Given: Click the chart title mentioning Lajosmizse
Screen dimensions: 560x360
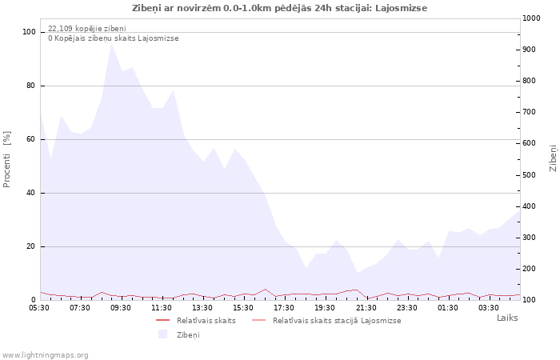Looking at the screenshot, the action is [280, 8].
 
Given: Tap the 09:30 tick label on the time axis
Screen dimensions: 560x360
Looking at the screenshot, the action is [120, 308].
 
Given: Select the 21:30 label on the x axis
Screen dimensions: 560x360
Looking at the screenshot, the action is [366, 308].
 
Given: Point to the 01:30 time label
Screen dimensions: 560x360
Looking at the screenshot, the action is [448, 308].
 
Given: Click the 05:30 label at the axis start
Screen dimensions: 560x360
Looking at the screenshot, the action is [39, 308].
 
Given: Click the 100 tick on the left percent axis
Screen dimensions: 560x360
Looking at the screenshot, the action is [29, 32].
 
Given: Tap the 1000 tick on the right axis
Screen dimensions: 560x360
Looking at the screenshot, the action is [531, 18].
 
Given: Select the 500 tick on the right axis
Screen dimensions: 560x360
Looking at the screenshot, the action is [529, 175].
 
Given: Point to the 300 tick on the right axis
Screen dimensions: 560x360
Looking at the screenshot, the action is [529, 238].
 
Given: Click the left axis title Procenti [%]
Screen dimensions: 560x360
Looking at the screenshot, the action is [6, 159].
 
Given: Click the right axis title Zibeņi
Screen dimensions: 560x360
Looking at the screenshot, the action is [553, 158].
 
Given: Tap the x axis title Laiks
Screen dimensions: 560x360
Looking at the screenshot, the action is [507, 318].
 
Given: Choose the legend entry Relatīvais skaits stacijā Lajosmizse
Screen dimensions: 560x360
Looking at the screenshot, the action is [337, 321].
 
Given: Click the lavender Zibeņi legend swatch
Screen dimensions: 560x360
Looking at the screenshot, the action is [163, 334].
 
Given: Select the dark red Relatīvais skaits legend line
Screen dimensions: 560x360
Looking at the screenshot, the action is [163, 320].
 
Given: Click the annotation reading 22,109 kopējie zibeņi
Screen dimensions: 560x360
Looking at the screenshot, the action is [87, 29].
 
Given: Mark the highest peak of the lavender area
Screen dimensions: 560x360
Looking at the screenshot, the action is [111, 43].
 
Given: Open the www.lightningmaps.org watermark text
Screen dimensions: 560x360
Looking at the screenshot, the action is [45, 355].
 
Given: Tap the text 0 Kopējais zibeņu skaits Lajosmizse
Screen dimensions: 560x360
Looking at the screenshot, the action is [114, 38].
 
